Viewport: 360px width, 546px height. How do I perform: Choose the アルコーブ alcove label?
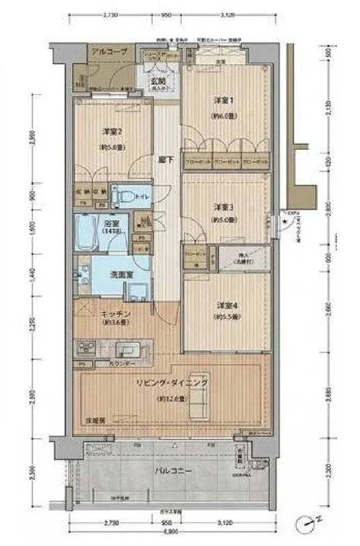click(x=104, y=52)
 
